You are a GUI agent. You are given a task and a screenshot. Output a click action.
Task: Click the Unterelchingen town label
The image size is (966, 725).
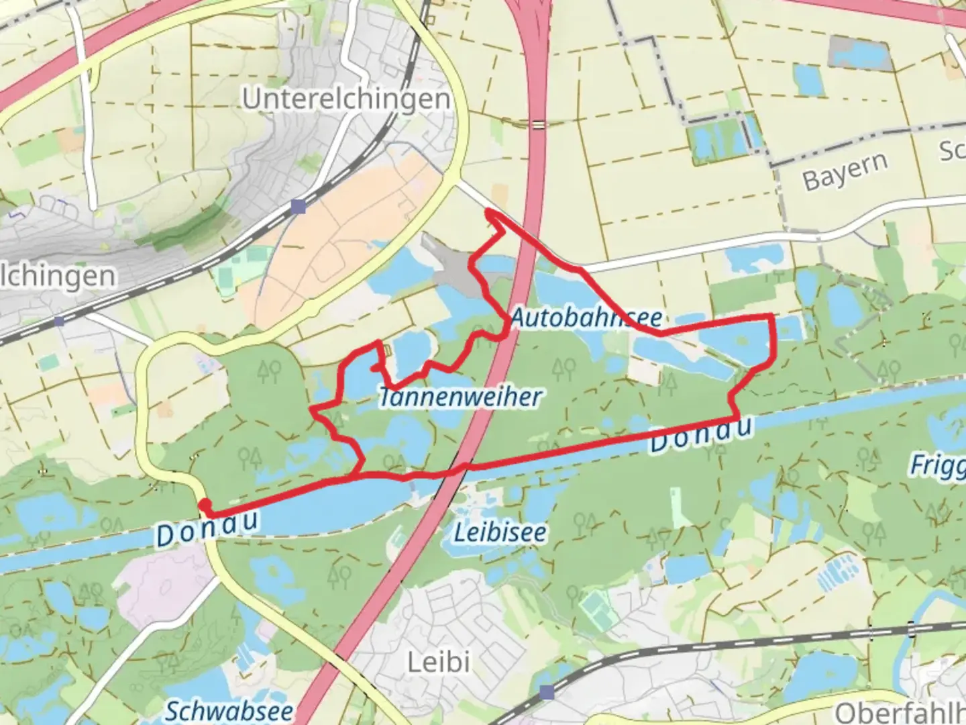coord(346,99)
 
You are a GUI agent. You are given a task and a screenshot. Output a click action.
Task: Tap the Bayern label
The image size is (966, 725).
coord(845,171)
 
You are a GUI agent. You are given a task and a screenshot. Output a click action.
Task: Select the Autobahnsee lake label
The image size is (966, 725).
coord(586,318)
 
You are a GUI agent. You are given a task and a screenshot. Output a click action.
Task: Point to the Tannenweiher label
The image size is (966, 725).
coord(460,397)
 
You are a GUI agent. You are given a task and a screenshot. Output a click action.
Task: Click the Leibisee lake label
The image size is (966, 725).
coord(500,533)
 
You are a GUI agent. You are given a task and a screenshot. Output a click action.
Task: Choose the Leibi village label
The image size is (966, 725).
coord(439,663)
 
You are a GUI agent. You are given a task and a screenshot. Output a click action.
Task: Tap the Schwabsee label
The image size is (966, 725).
coord(229,711)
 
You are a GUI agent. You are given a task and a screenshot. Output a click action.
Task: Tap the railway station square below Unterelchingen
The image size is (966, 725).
coord(299,207)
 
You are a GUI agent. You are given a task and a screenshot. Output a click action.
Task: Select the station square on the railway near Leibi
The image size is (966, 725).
coord(547,691)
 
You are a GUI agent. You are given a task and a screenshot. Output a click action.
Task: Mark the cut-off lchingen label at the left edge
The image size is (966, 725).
coord(58,276)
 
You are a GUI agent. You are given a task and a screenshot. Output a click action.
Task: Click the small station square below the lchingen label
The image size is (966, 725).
coord(59,322)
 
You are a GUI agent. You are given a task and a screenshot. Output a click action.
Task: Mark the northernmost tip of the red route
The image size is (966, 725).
coord(488,212)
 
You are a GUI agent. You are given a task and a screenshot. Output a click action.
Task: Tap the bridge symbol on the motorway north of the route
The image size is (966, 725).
coord(537,124)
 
